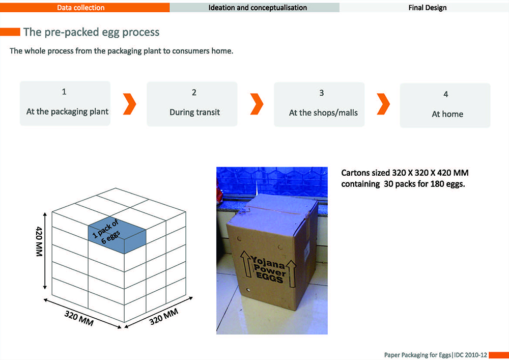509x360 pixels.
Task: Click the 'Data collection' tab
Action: point(81,8)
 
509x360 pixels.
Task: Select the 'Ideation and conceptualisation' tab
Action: point(258,8)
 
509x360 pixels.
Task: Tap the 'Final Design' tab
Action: point(428,8)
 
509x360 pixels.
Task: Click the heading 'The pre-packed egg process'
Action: point(91,32)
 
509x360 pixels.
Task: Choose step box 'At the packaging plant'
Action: point(65,103)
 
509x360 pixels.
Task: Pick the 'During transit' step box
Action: point(192,104)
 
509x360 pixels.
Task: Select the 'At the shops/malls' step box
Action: point(319,104)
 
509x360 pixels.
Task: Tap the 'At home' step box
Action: point(445,105)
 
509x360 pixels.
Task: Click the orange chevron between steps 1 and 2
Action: point(130,103)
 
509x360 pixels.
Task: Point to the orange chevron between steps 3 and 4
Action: point(383,104)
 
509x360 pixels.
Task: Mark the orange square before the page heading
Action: point(10,32)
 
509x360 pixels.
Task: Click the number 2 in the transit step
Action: point(194,92)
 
